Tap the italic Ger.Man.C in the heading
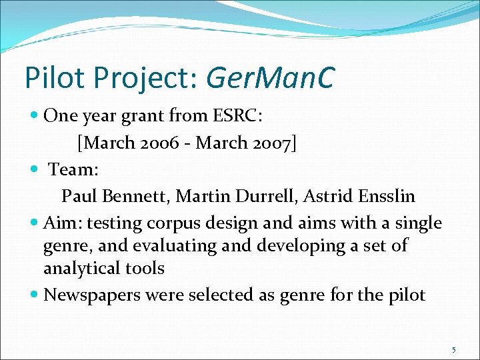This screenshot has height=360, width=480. click(270, 77)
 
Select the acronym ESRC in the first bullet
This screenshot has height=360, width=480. click(237, 116)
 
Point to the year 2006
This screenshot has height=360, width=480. click(157, 143)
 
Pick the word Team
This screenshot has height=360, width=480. click(73, 169)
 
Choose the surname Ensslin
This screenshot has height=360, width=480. click(389, 196)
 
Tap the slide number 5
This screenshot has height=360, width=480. click(453, 349)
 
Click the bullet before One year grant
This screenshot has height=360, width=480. click(35, 117)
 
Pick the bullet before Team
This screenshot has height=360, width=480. click(35, 170)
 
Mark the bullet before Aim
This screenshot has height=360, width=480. click(35, 223)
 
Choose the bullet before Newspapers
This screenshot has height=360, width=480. click(35, 295)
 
